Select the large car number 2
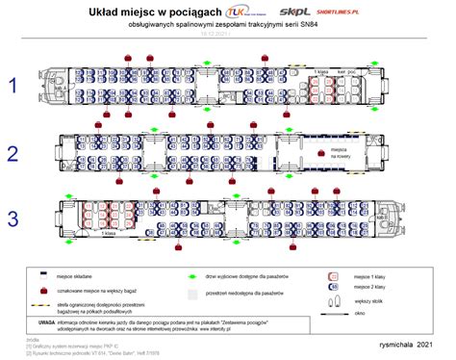tap(13, 153)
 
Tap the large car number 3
tap(13, 219)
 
